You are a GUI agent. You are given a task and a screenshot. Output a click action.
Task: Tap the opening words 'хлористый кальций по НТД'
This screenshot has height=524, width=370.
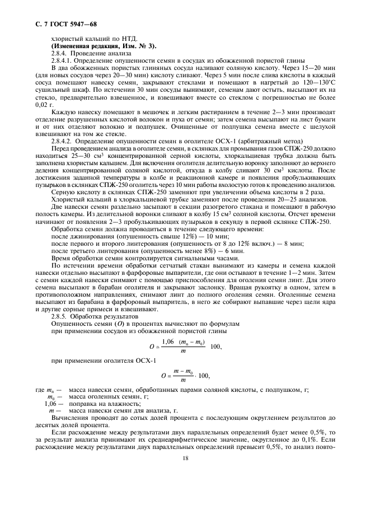pos(87,38)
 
